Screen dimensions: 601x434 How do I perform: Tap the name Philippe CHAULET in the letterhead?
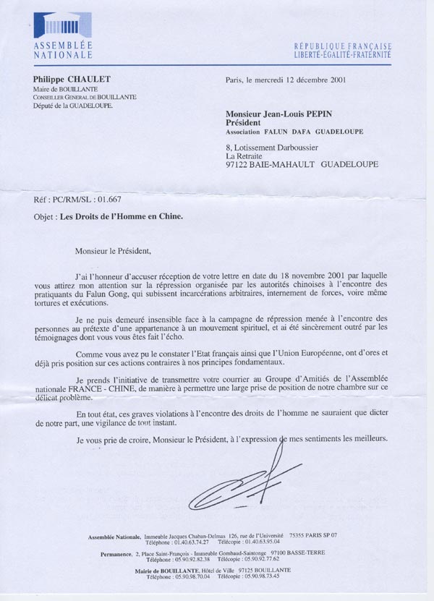click(67, 80)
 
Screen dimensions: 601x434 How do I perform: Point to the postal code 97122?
click(240, 164)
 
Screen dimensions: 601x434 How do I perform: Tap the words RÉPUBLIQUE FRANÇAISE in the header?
click(342, 45)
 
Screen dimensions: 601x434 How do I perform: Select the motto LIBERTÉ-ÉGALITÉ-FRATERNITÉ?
click(342, 54)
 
